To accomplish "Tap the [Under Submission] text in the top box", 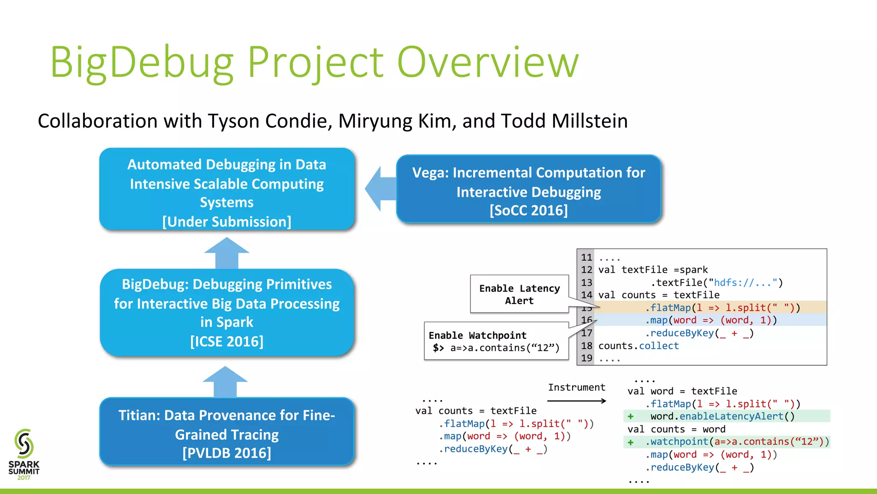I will point(227,222).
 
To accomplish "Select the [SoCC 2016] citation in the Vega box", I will point(528,211).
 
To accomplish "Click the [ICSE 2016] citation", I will point(227,341).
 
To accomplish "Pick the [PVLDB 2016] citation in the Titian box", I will point(227,453).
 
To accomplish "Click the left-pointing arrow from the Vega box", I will point(379,189).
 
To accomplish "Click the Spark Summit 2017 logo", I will point(24,455).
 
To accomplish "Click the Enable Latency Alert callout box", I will point(519,294).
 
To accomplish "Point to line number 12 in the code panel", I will point(586,270).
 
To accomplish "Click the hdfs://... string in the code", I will point(744,283).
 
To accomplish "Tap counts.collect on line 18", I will point(638,346).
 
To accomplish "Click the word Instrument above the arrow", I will point(576,387).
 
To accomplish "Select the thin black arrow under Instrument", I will point(576,401).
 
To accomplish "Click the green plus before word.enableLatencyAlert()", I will point(630,416).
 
